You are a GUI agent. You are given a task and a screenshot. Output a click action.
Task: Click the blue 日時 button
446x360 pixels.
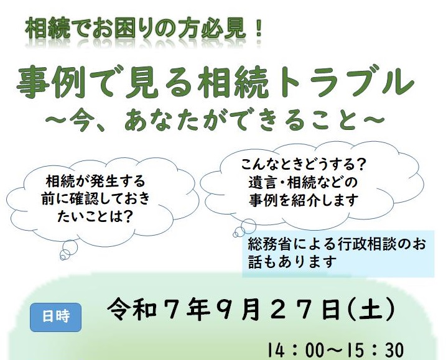(x=56, y=317)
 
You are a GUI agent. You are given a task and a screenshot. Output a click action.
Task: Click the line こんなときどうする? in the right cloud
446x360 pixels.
(x=303, y=164)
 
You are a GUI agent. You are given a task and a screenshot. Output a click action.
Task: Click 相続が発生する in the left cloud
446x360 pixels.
(x=95, y=181)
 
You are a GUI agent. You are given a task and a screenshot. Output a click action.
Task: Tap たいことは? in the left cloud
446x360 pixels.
(x=95, y=217)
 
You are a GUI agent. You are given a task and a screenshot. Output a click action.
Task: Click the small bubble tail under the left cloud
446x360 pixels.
(x=68, y=250)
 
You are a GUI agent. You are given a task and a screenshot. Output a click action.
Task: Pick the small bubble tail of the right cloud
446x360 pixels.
(x=244, y=228)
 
